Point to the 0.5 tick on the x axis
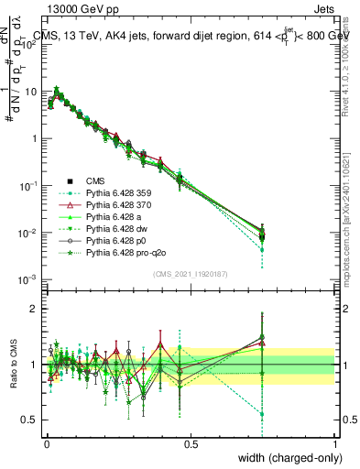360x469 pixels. coord(191,443)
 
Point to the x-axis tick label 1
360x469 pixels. coord(335,443)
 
